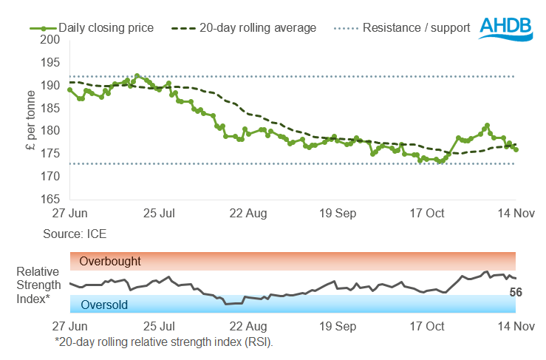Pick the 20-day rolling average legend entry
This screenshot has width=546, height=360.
(244, 28)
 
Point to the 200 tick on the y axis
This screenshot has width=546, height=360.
(50, 40)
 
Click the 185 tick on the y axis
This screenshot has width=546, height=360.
(50, 108)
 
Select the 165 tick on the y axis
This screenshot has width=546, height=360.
(50, 199)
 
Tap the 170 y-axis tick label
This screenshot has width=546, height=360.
(50, 176)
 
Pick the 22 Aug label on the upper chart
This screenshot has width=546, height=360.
(248, 214)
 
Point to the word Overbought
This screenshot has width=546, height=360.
(110, 261)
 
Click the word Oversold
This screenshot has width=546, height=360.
(103, 305)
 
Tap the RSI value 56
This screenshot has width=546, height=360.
(518, 293)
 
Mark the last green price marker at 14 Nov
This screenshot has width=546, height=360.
(516, 150)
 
